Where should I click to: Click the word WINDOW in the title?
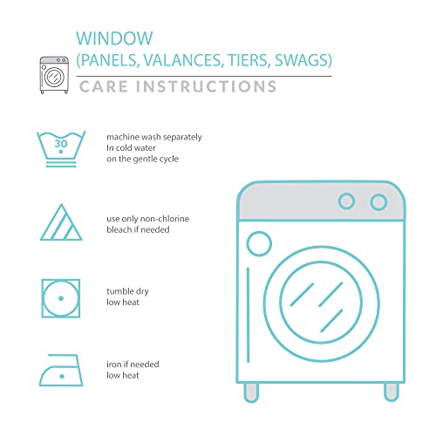(x=114, y=38)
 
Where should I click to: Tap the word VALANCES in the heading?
(x=182, y=60)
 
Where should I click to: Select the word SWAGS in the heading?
(x=303, y=60)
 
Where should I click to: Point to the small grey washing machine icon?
(x=54, y=75)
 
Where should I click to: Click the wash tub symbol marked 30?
(x=61, y=149)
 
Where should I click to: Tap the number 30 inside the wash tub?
(x=61, y=144)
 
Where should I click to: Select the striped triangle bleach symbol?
(x=61, y=222)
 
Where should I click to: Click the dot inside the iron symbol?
(x=62, y=377)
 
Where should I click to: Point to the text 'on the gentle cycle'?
(x=142, y=159)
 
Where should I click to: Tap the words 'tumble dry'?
(x=127, y=291)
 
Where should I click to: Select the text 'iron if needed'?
(x=133, y=364)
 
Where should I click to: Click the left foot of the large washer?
(x=251, y=392)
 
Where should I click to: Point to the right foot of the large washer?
(x=392, y=392)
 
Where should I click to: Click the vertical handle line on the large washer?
(x=248, y=315)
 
